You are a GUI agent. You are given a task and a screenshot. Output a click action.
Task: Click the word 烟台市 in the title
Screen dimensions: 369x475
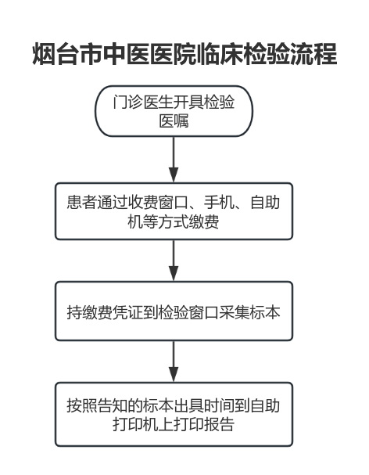click(67, 54)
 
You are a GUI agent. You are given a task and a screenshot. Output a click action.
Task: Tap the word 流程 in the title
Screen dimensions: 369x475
click(313, 54)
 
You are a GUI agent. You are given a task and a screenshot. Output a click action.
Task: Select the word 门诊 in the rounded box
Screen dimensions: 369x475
click(127, 102)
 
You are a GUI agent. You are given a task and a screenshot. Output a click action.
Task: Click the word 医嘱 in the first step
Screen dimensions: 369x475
click(174, 121)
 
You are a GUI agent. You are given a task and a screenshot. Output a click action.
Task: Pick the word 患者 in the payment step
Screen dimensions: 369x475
click(82, 203)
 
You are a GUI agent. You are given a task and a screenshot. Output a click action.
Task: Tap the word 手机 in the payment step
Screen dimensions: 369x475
click(219, 203)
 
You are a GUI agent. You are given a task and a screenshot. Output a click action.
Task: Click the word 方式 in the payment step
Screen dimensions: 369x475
click(174, 222)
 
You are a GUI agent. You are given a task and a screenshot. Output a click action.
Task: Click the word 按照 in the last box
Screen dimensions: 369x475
click(82, 405)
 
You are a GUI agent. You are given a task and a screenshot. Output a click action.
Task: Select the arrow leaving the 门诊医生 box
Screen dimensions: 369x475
click(174, 160)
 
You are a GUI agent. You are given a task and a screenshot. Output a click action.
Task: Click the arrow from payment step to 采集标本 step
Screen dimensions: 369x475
click(174, 261)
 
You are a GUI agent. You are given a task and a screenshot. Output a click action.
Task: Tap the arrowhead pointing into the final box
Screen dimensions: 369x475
click(174, 374)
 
